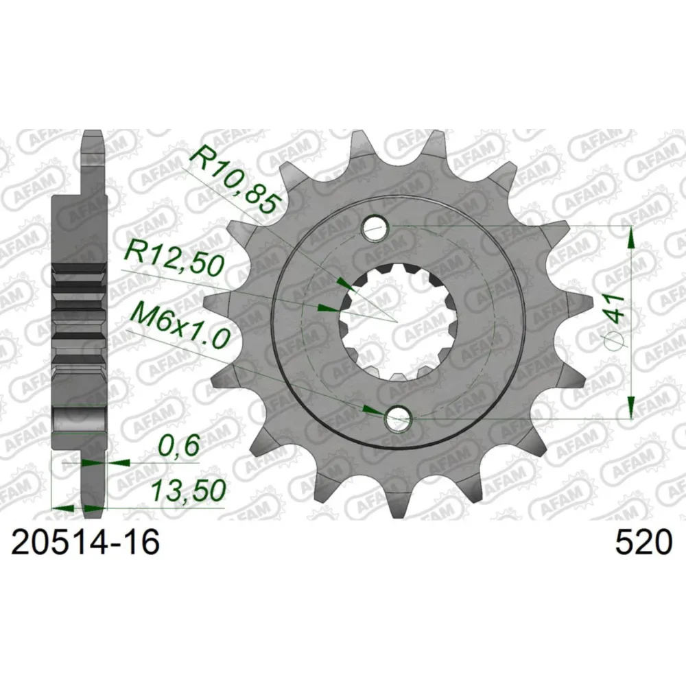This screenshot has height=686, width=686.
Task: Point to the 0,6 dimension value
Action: [178, 446]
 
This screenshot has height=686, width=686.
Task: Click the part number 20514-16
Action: [85, 543]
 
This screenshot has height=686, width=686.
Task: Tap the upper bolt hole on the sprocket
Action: [376, 228]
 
